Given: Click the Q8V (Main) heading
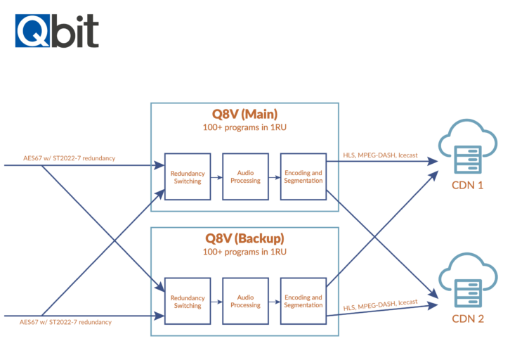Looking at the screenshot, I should point(244,115).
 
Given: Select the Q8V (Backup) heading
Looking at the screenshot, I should point(244,238).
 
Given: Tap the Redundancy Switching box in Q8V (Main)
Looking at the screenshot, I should point(187,176).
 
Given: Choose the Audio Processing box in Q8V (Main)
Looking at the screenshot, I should point(245,176).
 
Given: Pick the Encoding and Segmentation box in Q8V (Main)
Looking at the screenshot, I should point(303,176).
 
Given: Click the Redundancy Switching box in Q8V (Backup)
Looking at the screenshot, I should point(187,301).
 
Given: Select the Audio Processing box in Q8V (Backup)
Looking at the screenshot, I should point(245,301).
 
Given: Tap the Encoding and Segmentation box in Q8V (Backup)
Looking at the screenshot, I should point(303,301).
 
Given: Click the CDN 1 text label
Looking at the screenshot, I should point(467,186).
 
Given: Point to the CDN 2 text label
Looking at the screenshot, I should point(467,318).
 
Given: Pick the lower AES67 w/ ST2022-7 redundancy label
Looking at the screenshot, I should point(66,321).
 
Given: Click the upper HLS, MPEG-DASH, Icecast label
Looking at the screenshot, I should point(379,155).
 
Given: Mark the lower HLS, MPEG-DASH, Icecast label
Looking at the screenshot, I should point(380,305).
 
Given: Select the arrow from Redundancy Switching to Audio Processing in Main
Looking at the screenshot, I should point(216,176).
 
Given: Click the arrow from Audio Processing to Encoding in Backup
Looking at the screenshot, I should point(274,301).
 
